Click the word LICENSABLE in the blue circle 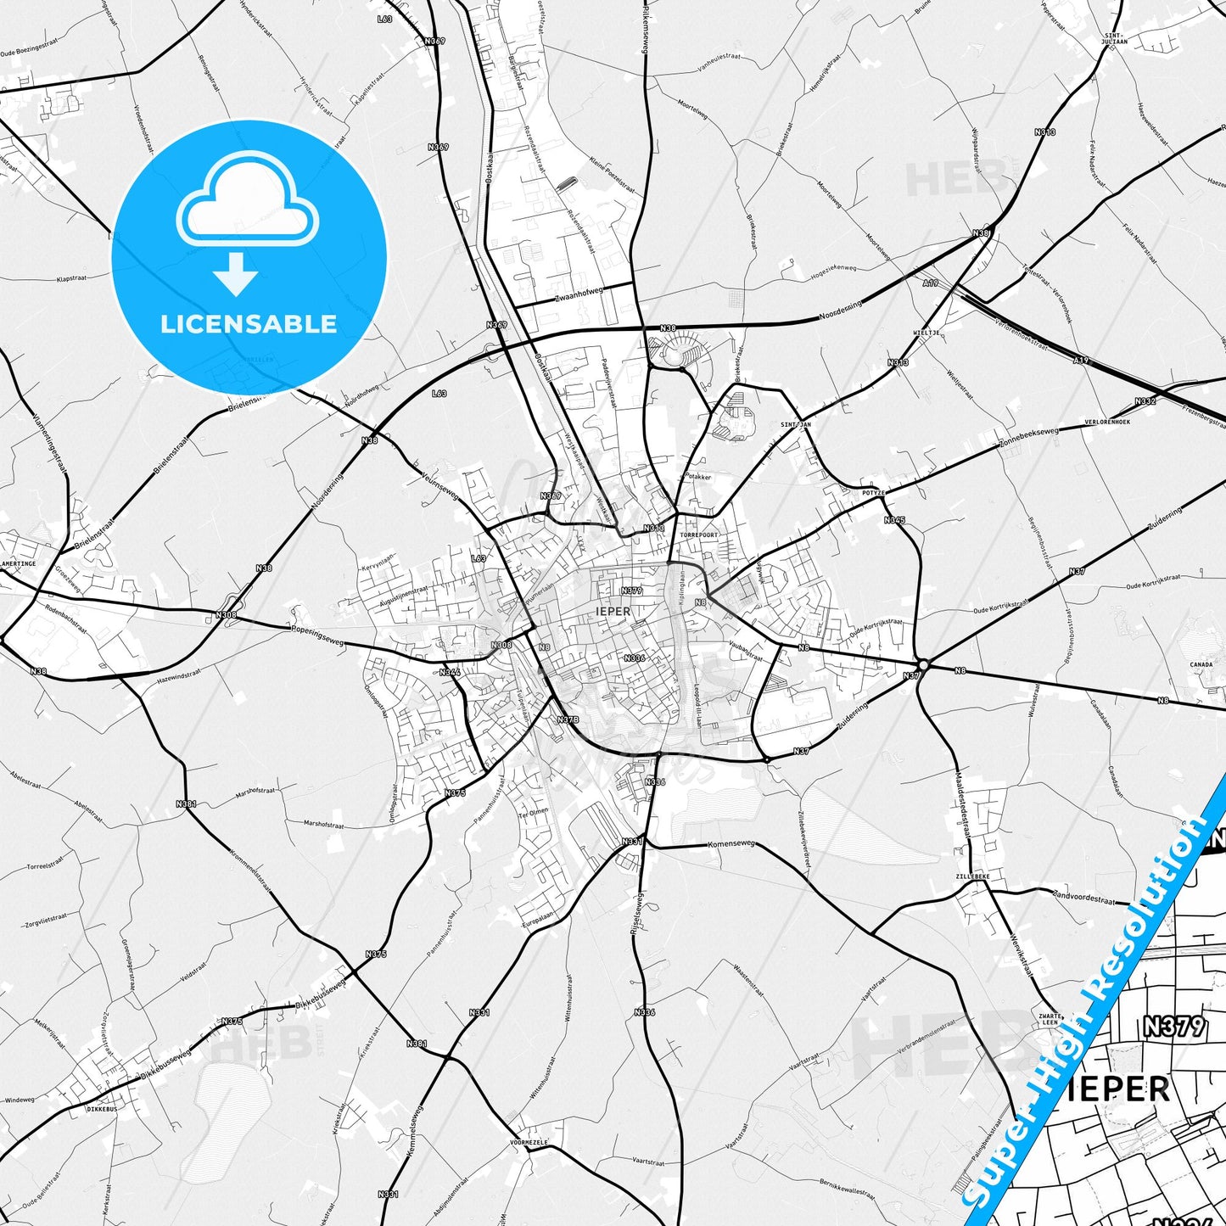point(249,323)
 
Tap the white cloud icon point(247,202)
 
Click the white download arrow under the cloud point(236,273)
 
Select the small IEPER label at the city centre point(613,611)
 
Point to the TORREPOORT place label point(699,535)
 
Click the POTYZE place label point(873,492)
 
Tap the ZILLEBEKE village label point(972,876)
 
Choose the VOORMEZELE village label point(530,1143)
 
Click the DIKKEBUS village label point(102,1108)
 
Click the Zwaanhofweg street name point(578,294)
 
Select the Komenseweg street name point(731,844)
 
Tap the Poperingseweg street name point(317,636)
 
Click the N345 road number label point(894,519)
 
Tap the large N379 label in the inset point(1173,1027)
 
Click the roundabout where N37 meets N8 point(923,664)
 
